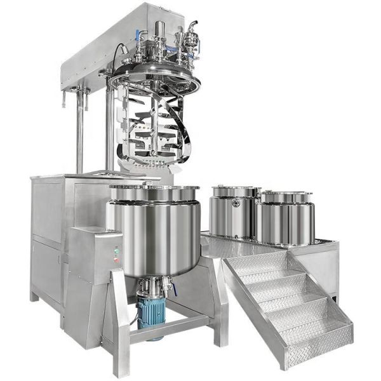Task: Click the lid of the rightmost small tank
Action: (285, 197)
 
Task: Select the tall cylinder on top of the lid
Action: (159, 32)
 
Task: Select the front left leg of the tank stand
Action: (121, 330)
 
